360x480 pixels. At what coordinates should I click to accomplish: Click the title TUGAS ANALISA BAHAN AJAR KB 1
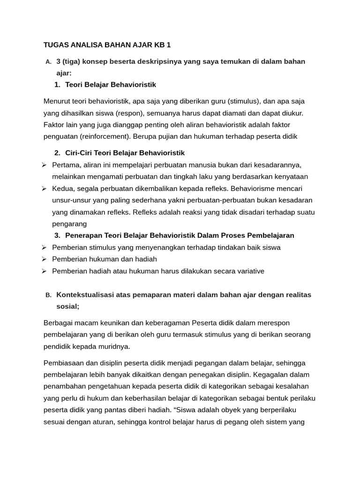point(107,45)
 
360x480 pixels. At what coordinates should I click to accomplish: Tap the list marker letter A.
point(48,62)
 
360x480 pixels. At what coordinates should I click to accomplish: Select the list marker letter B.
point(48,295)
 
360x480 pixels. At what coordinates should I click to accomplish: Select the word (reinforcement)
point(106,136)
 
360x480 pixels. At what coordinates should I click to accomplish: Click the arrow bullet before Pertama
point(44,165)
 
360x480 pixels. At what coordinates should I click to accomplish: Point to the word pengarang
point(69,224)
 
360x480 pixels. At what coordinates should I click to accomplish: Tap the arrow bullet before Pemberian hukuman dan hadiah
point(44,259)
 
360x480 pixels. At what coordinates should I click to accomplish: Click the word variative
point(249,271)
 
